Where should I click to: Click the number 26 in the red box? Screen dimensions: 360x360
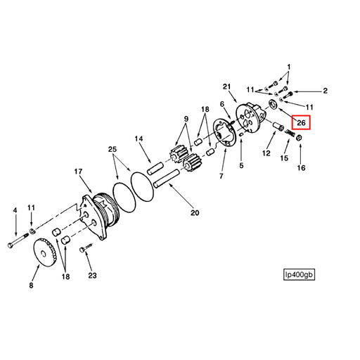(301, 122)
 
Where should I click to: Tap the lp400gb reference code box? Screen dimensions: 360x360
(299, 274)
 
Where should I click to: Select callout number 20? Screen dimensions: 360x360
(195, 212)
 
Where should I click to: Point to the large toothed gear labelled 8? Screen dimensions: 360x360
(45, 252)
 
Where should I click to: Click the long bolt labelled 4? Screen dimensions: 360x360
(18, 240)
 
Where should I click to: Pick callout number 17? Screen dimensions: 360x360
(78, 172)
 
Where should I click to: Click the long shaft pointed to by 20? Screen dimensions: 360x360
(166, 178)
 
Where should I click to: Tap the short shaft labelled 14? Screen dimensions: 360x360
(155, 168)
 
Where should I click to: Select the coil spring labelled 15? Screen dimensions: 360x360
(290, 134)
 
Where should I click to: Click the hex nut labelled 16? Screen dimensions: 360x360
(299, 138)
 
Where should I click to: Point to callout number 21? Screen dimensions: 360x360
(226, 87)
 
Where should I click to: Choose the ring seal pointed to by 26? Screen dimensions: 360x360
(273, 104)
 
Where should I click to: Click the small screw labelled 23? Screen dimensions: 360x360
(86, 247)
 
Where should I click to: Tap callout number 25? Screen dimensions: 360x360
(112, 149)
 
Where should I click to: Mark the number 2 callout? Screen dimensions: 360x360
(325, 91)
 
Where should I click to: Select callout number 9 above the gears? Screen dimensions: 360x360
(186, 119)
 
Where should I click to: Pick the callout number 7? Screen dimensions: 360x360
(221, 176)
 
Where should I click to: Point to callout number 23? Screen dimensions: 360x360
(92, 275)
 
